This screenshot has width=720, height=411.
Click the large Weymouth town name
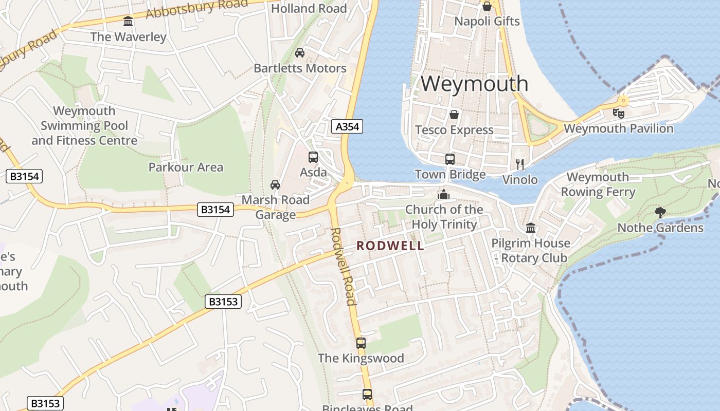474,84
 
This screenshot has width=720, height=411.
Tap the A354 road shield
347,126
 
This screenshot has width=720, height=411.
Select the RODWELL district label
391,246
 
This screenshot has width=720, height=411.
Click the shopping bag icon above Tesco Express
454,114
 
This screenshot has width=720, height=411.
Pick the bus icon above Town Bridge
450,159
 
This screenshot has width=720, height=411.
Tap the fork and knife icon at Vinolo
520,164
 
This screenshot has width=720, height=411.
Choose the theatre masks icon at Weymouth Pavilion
618,113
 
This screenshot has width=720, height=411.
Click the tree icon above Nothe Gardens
660,212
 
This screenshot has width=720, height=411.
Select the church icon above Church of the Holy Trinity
443,194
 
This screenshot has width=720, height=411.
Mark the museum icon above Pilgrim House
531,227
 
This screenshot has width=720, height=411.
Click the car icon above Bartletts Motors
300,52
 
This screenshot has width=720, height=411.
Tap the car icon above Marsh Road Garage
275,184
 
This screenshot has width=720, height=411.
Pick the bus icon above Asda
313,157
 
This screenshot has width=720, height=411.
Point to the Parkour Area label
186,167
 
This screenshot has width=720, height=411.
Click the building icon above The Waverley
128,22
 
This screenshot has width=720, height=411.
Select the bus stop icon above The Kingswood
361,343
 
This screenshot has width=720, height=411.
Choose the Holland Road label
309,8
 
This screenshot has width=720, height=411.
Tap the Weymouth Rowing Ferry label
598,184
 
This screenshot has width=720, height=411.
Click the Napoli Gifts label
487,22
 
